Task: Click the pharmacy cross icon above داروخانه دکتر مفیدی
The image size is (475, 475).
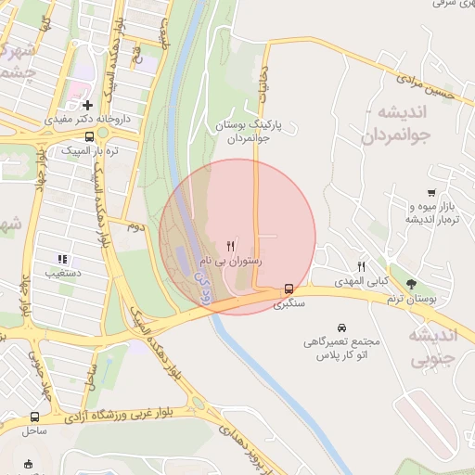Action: click(88, 105)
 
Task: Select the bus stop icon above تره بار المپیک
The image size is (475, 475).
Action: click(88, 135)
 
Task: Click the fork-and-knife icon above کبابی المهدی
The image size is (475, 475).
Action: click(363, 266)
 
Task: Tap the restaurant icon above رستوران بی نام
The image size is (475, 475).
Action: click(230, 247)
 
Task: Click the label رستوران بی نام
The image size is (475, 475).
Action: click(231, 263)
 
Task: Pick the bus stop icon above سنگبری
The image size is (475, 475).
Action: click(289, 288)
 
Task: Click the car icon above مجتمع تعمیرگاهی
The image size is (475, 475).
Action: click(342, 327)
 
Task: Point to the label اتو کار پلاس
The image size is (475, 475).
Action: click(343, 355)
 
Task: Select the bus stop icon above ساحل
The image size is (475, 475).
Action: click(34, 417)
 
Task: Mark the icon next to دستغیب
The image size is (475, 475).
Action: click(62, 260)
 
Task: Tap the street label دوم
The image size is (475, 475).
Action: click(135, 226)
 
